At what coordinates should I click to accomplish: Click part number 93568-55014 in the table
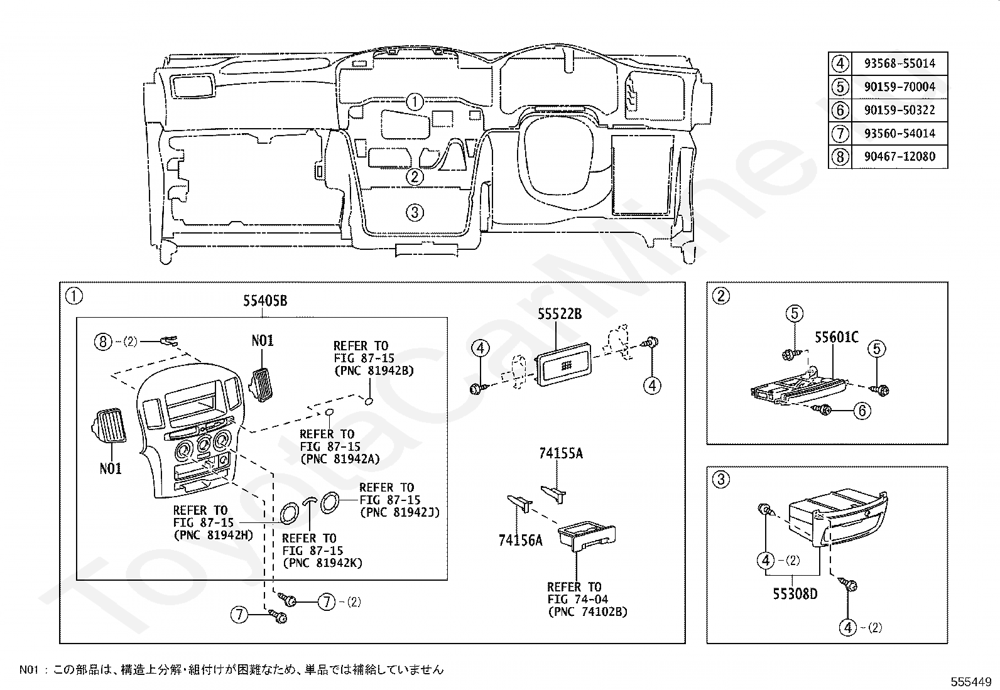click(899, 63)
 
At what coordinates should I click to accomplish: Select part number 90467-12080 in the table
click(899, 156)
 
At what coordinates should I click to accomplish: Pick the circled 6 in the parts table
click(840, 110)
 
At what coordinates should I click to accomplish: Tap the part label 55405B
click(265, 301)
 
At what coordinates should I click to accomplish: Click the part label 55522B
click(560, 314)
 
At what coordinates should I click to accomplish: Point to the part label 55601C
click(837, 338)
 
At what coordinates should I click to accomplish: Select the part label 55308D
click(795, 593)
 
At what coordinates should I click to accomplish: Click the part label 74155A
click(560, 453)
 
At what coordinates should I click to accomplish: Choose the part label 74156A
click(520, 539)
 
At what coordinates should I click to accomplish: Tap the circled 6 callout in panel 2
click(861, 411)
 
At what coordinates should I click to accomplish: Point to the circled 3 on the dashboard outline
click(414, 212)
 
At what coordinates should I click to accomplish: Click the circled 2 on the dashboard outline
click(414, 177)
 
